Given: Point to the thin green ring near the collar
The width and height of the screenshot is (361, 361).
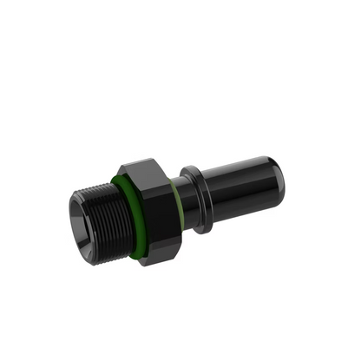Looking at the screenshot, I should click(178, 203).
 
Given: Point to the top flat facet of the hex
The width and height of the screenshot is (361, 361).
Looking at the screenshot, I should click(143, 167).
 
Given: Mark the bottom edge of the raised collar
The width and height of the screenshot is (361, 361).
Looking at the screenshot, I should click(205, 231).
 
